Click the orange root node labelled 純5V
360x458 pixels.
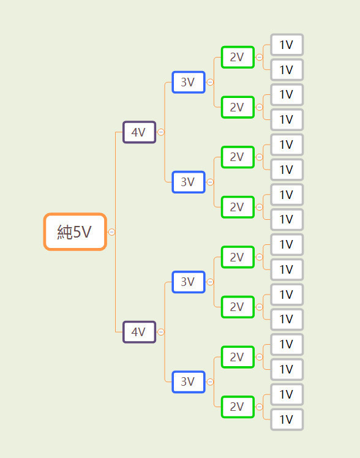coord(75,231)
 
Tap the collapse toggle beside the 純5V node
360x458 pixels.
coord(111,232)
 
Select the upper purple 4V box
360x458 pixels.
coord(139,132)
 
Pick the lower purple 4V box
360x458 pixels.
coord(139,332)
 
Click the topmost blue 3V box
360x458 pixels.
coord(189,82)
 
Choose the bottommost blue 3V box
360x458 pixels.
coord(189,381)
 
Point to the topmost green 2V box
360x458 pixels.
coord(238,58)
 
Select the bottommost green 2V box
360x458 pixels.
coord(238,407)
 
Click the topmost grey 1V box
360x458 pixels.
coord(287,45)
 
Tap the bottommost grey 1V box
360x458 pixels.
coord(287,419)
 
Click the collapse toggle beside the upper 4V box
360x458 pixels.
coord(161,132)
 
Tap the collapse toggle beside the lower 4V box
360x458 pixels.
coord(161,332)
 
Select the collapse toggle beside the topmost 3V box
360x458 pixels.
coord(210,82)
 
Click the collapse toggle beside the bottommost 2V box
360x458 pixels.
coord(259,407)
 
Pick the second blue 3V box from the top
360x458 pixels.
coord(189,182)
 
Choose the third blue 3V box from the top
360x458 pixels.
coord(189,282)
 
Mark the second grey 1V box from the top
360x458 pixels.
coord(287,70)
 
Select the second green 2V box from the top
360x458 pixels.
coord(238,107)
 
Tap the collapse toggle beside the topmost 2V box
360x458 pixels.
coord(259,58)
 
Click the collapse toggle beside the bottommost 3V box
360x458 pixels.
coord(210,381)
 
